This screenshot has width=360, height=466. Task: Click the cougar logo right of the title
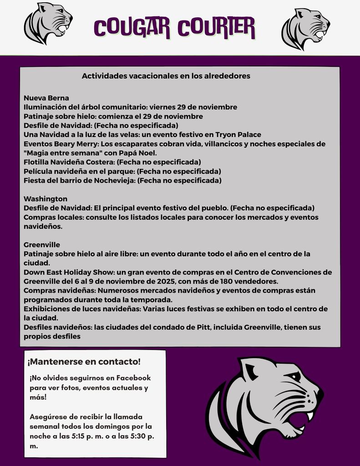[305, 28]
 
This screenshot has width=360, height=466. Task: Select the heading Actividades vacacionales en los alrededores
[166, 76]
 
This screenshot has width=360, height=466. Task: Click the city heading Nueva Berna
[46, 98]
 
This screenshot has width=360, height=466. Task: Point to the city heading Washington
[46, 199]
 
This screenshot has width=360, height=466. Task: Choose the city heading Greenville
[42, 245]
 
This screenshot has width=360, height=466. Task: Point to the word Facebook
[133, 378]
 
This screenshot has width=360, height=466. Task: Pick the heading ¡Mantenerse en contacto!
[84, 362]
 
